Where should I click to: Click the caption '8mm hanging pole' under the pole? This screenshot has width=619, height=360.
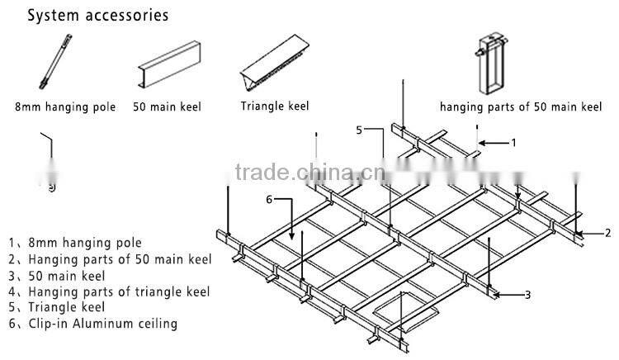click(65, 107)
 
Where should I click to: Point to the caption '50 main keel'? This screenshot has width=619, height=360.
click(167, 107)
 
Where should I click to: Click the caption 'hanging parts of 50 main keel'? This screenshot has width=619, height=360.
click(521, 107)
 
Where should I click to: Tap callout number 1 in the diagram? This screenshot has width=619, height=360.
click(513, 142)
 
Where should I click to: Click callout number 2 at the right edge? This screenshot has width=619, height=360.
click(607, 233)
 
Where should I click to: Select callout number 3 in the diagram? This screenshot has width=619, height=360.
click(527, 295)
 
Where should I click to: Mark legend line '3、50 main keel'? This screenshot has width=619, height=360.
click(57, 275)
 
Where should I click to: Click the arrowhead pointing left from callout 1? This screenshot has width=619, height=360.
click(482, 144)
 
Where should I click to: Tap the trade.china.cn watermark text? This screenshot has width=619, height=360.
click(305, 173)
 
